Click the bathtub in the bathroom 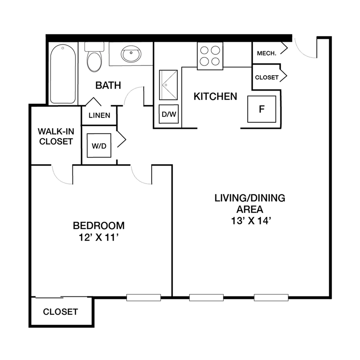(x=63, y=74)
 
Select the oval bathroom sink (x=131, y=54)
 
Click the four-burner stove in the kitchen (x=210, y=56)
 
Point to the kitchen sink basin (x=168, y=85)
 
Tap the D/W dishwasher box (x=169, y=114)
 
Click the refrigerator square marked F (x=262, y=109)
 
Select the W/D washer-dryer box (x=99, y=145)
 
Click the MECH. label (x=267, y=54)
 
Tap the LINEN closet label (x=100, y=115)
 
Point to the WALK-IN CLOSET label (x=56, y=136)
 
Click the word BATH (x=108, y=85)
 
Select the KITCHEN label (x=215, y=96)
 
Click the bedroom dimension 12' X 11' (x=99, y=237)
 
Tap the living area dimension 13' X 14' (x=251, y=221)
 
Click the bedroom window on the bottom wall (x=143, y=297)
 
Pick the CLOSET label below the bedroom (x=60, y=312)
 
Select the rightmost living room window (x=271, y=297)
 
